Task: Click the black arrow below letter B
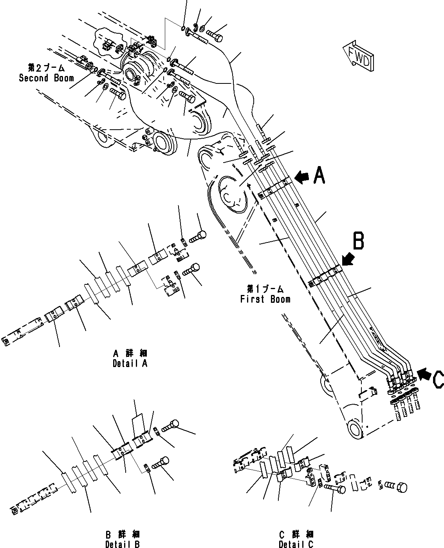[x=347, y=259]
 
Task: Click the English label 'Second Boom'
[x=46, y=78]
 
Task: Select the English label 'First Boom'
[x=265, y=299]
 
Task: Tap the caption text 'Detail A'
[x=130, y=363]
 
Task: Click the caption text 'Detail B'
[x=123, y=544]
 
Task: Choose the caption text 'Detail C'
[x=296, y=544]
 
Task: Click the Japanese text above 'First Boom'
[x=265, y=289]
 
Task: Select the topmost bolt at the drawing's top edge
[x=214, y=37]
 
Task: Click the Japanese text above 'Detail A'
[x=130, y=353]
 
